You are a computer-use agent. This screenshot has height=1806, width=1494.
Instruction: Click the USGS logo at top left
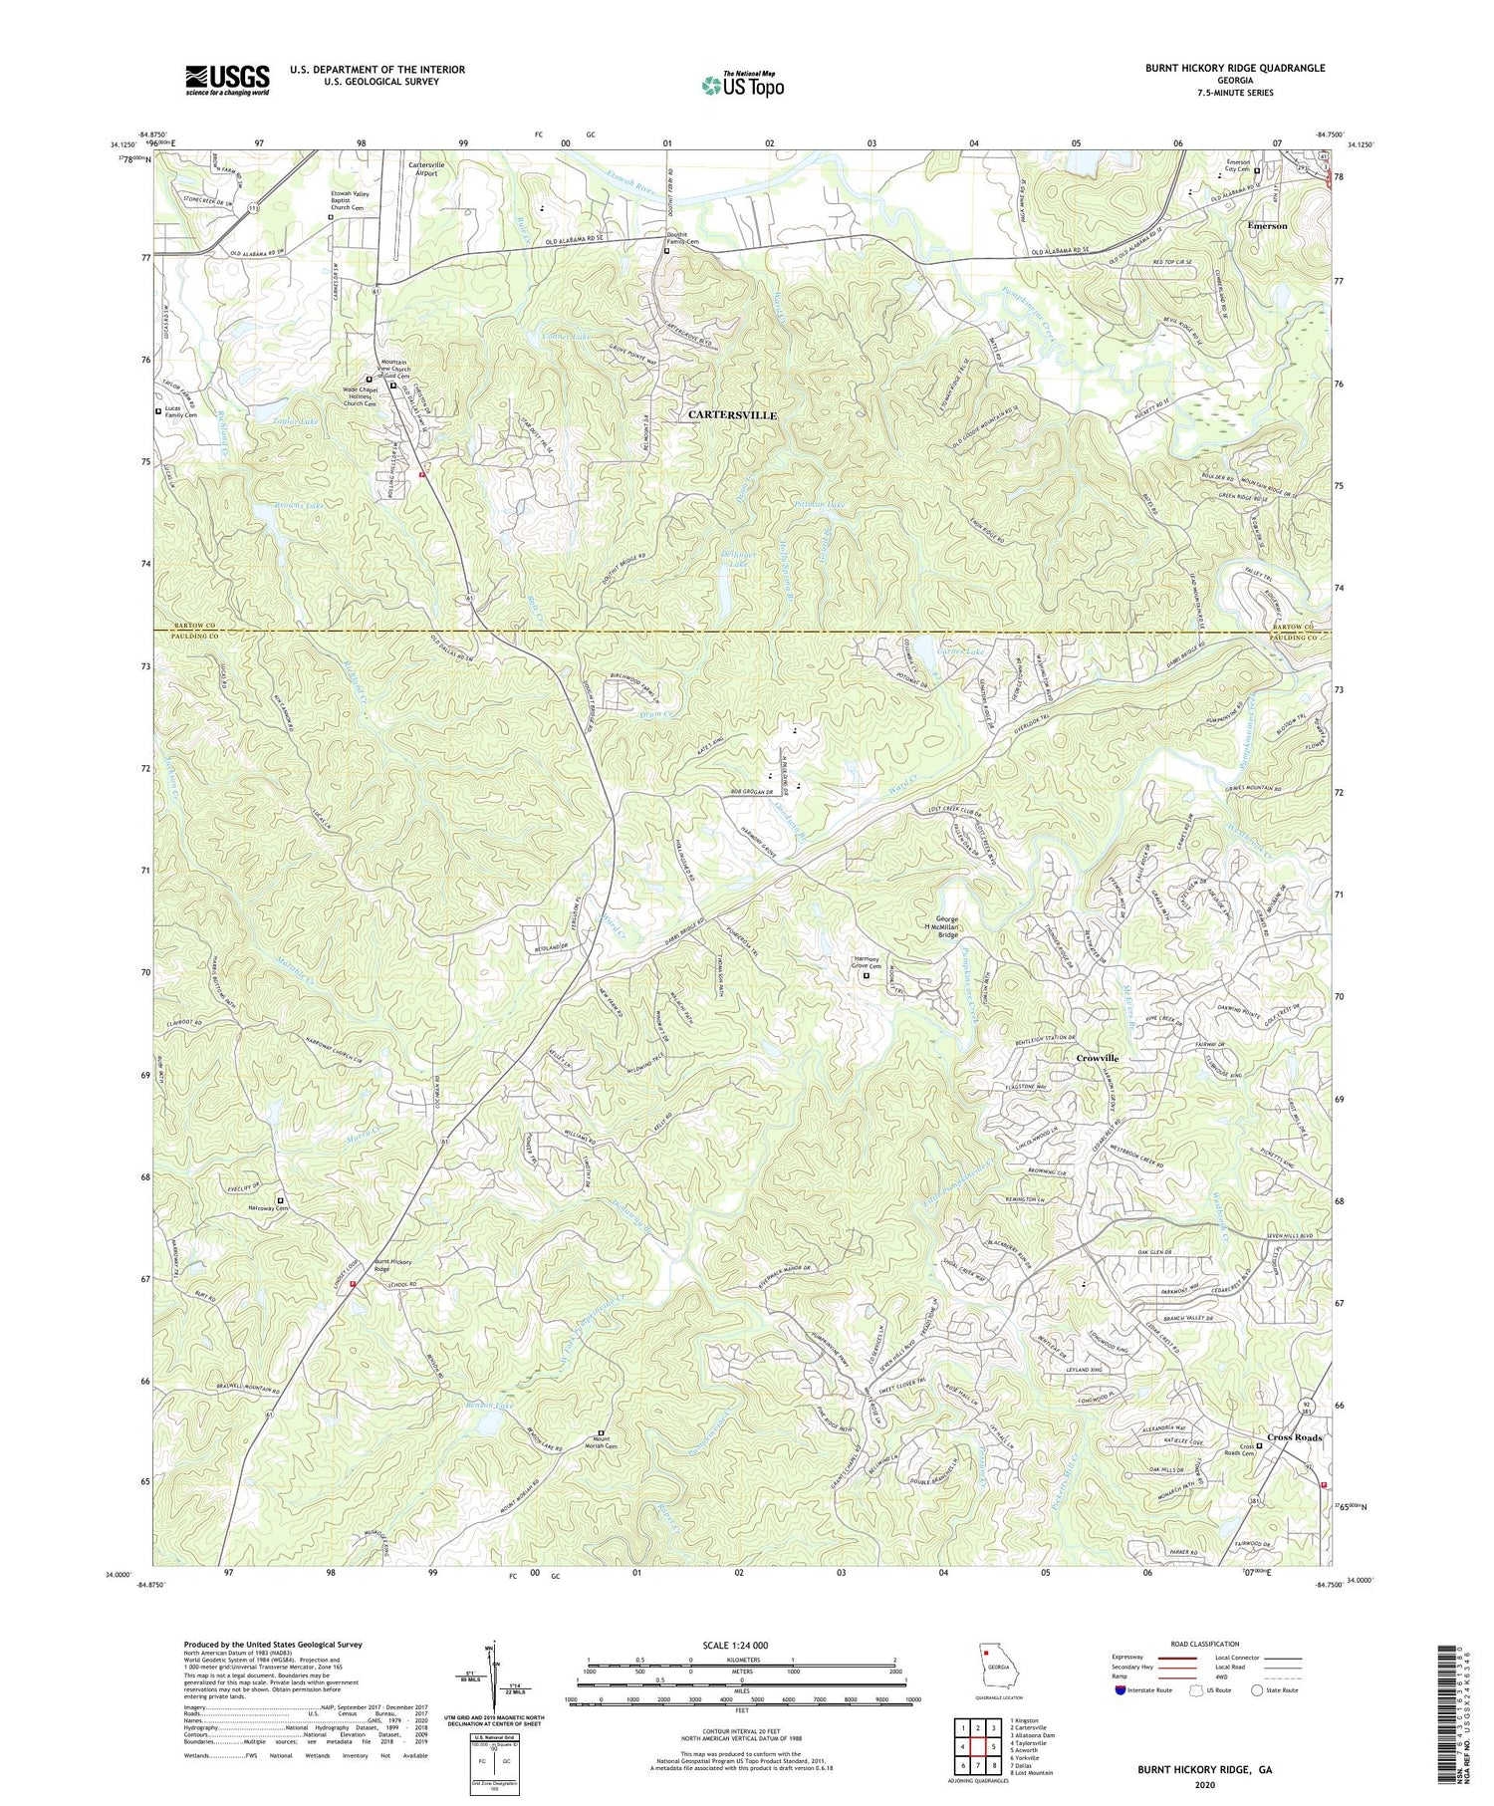[227, 80]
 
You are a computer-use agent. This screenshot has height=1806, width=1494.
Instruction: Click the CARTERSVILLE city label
[732, 414]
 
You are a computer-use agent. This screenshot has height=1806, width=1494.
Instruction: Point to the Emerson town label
[1267, 226]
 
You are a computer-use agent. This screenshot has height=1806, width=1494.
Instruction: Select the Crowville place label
[1097, 1058]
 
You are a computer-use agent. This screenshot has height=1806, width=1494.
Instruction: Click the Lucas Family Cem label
[178, 411]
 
